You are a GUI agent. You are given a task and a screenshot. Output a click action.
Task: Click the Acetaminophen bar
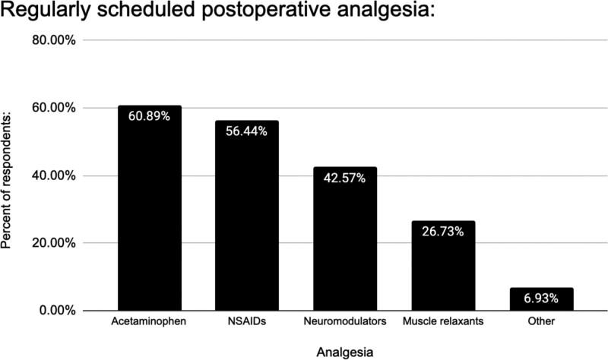tap(149, 220)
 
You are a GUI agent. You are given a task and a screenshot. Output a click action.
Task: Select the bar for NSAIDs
tap(247, 228)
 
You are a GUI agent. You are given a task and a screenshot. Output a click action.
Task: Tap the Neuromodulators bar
tap(345, 251)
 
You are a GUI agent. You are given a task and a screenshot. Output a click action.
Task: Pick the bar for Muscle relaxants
tap(443, 273)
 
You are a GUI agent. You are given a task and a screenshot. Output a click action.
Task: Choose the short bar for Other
tap(541, 299)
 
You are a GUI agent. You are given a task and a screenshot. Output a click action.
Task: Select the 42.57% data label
tap(345, 178)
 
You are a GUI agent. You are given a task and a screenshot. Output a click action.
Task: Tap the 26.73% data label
tap(443, 232)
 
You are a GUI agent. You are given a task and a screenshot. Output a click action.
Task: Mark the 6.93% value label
tap(541, 298)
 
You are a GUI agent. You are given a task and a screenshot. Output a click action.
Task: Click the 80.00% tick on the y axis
tap(52, 40)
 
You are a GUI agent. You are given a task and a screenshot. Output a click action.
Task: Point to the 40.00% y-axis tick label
tap(52, 175)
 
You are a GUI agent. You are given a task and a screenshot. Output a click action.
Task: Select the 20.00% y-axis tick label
tap(52, 243)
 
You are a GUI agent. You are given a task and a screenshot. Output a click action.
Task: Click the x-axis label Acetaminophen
tap(149, 323)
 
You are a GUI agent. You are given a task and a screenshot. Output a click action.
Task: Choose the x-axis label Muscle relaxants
tap(443, 323)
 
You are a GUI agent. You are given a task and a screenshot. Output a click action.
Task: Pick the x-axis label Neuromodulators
tap(345, 323)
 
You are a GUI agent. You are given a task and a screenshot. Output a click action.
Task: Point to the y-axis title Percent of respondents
tap(9, 175)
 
